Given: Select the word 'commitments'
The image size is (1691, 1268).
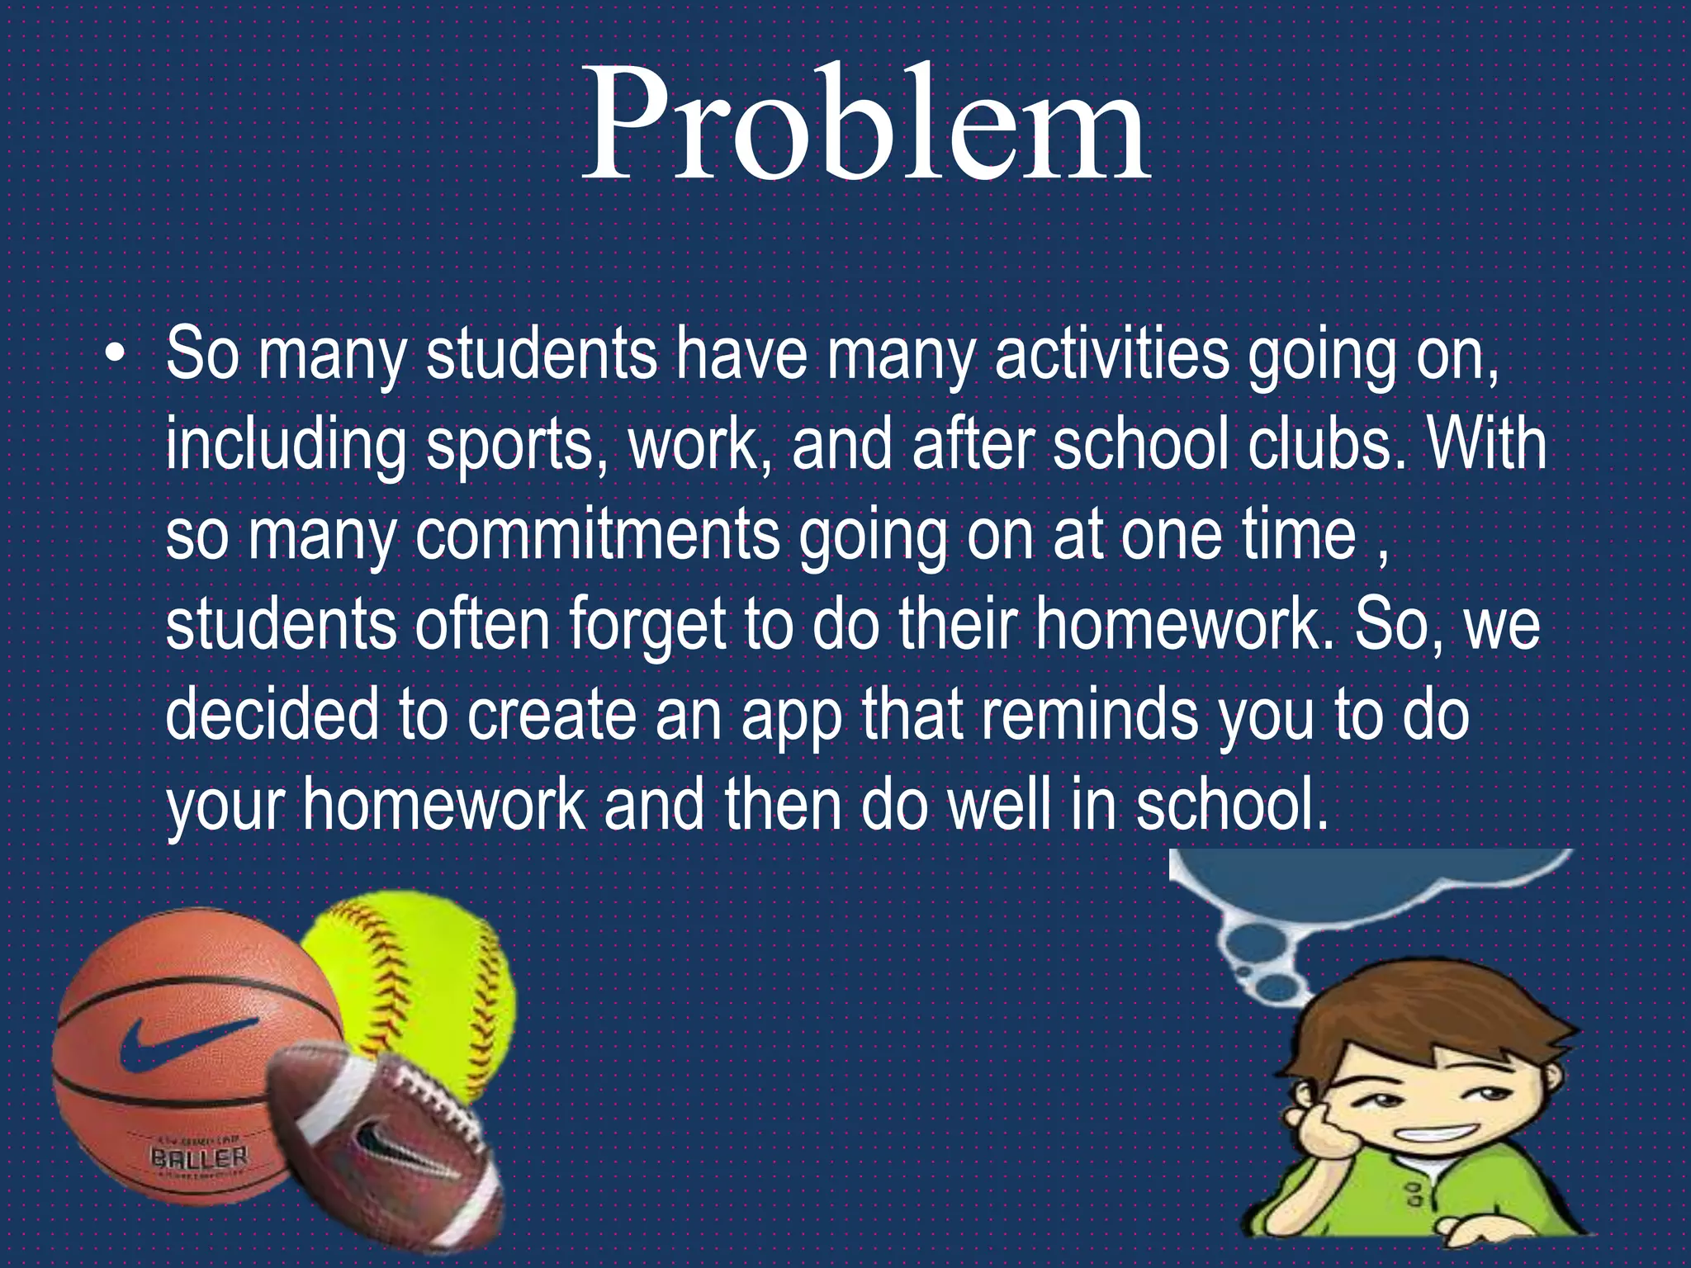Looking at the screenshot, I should [597, 534].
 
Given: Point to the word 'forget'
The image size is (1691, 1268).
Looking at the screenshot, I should [645, 625].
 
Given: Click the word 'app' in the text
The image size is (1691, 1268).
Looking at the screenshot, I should [791, 716].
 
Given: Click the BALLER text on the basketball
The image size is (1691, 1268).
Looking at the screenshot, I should [199, 1157].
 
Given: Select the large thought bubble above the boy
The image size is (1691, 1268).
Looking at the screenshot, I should [1354, 883].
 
